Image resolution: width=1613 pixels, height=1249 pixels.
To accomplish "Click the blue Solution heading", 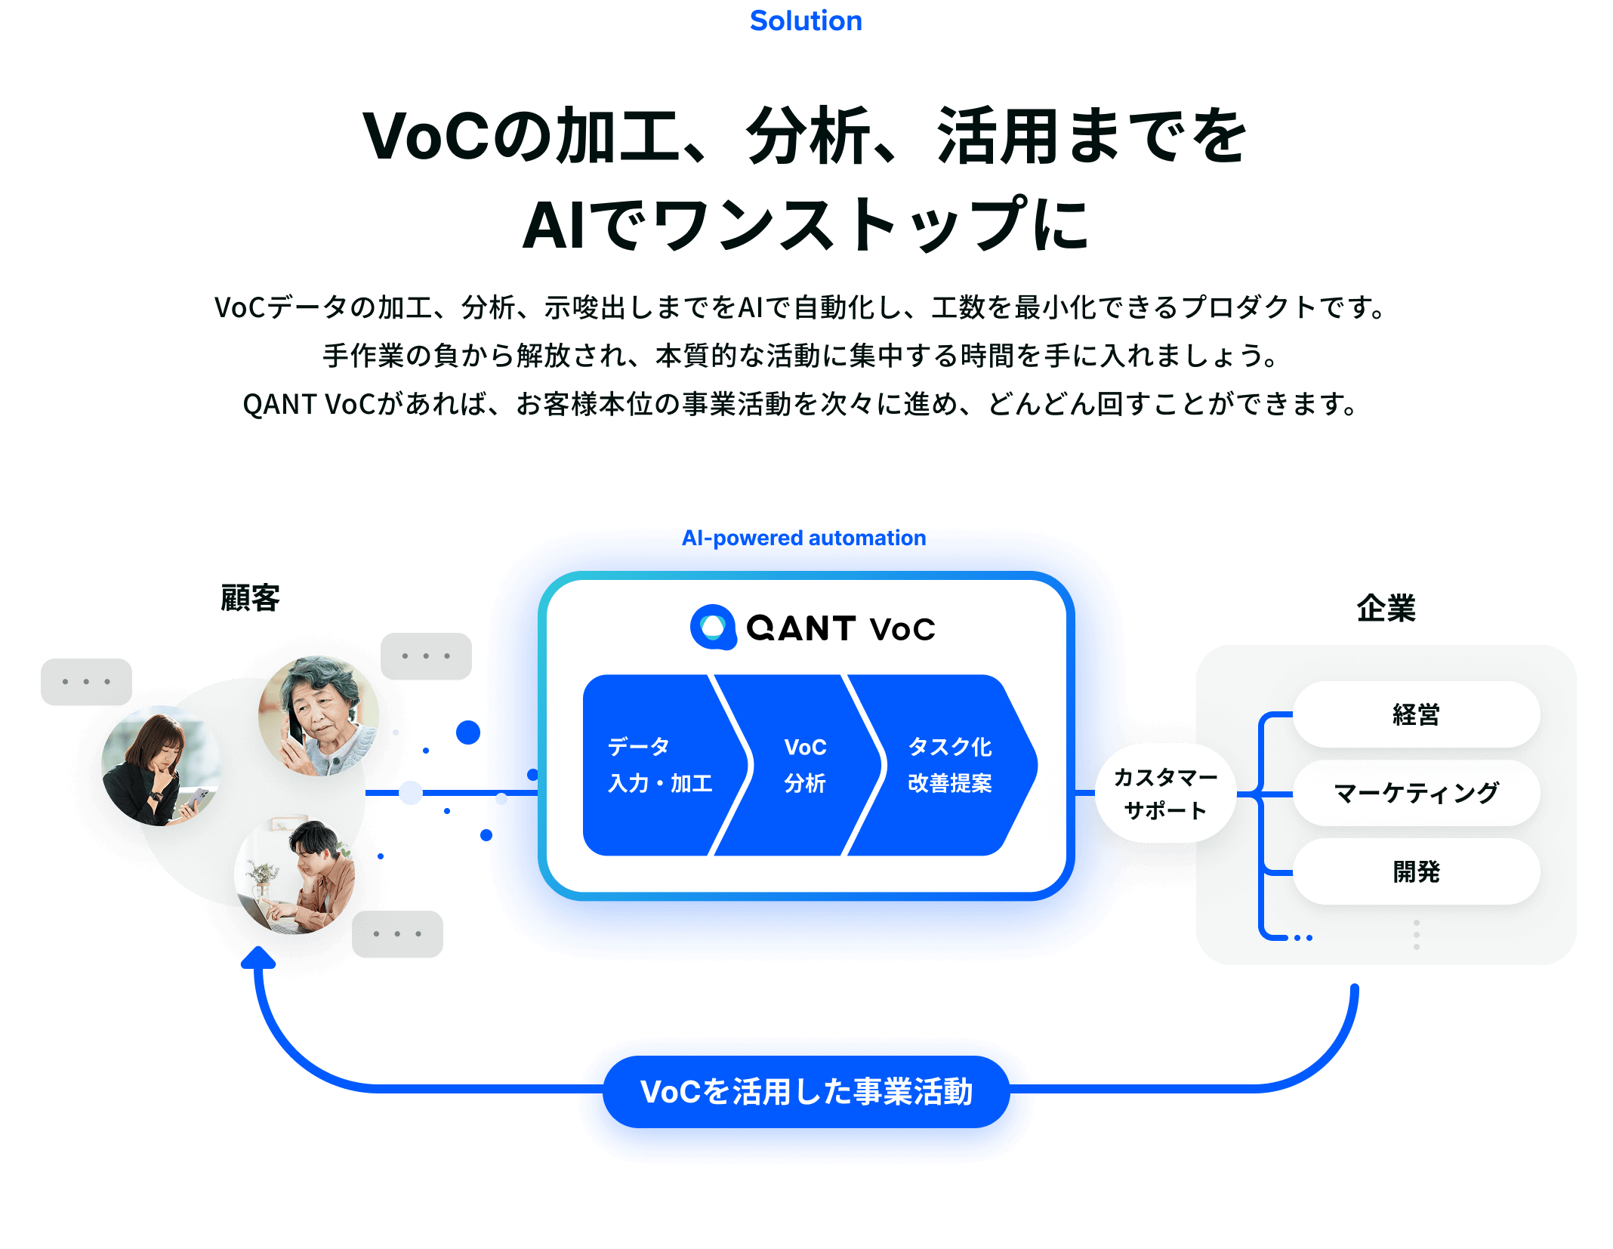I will coord(806,21).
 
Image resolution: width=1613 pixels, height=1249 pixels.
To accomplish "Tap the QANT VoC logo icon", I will coord(713,627).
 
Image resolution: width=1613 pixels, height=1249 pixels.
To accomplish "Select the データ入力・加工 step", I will coord(659,765).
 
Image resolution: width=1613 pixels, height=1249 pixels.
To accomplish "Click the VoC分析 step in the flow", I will coord(805,765).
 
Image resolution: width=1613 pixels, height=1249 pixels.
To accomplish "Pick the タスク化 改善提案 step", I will coord(949,765).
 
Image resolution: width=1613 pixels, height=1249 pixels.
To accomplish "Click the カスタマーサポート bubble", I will coord(1165,794).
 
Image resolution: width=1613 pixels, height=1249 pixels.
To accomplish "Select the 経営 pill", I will coord(1416,714).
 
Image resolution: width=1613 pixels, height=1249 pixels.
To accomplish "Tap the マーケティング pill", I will coord(1416,793).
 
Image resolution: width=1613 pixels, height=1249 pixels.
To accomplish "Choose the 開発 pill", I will coord(1416,871).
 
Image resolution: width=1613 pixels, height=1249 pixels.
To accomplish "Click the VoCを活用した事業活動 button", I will coord(806,1092).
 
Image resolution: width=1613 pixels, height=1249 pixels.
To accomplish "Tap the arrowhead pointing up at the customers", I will coord(258,957).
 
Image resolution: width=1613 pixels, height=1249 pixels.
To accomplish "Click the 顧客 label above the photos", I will coord(250,598).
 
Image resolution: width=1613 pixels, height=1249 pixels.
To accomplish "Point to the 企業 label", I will coord(1385,608).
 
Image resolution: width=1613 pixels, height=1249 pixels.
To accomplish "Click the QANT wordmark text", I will coord(800,628).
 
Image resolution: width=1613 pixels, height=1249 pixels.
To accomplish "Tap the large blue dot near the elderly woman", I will coord(468,732).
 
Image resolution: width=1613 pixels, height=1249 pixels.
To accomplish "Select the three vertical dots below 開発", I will coord(1416,935).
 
